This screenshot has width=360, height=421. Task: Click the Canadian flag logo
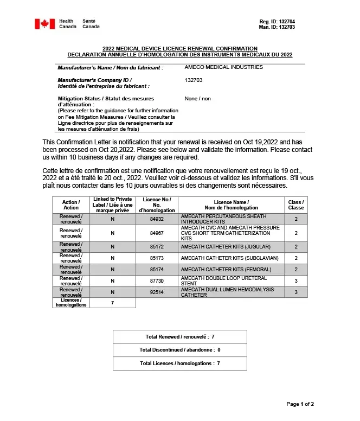(45, 24)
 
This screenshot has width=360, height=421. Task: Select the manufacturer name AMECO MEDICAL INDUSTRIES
(223, 67)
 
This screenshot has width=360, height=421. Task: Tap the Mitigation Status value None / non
(197, 99)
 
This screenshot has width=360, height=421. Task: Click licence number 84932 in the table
(157, 219)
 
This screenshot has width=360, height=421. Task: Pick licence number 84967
(157, 233)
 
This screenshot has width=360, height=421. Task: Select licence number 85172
(157, 247)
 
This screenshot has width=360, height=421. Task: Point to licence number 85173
(157, 258)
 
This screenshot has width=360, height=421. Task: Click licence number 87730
(157, 281)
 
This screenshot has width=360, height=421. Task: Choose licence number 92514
(157, 292)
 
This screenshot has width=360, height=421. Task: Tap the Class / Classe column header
(296, 205)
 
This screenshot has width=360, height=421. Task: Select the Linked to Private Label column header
(112, 205)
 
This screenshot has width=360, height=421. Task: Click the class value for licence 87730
(296, 281)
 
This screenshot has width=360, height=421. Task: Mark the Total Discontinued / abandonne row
(179, 350)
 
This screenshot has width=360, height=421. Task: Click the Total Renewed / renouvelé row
(179, 337)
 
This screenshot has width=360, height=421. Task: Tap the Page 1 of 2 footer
(300, 404)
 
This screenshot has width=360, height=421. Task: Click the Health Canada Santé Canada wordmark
(79, 24)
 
